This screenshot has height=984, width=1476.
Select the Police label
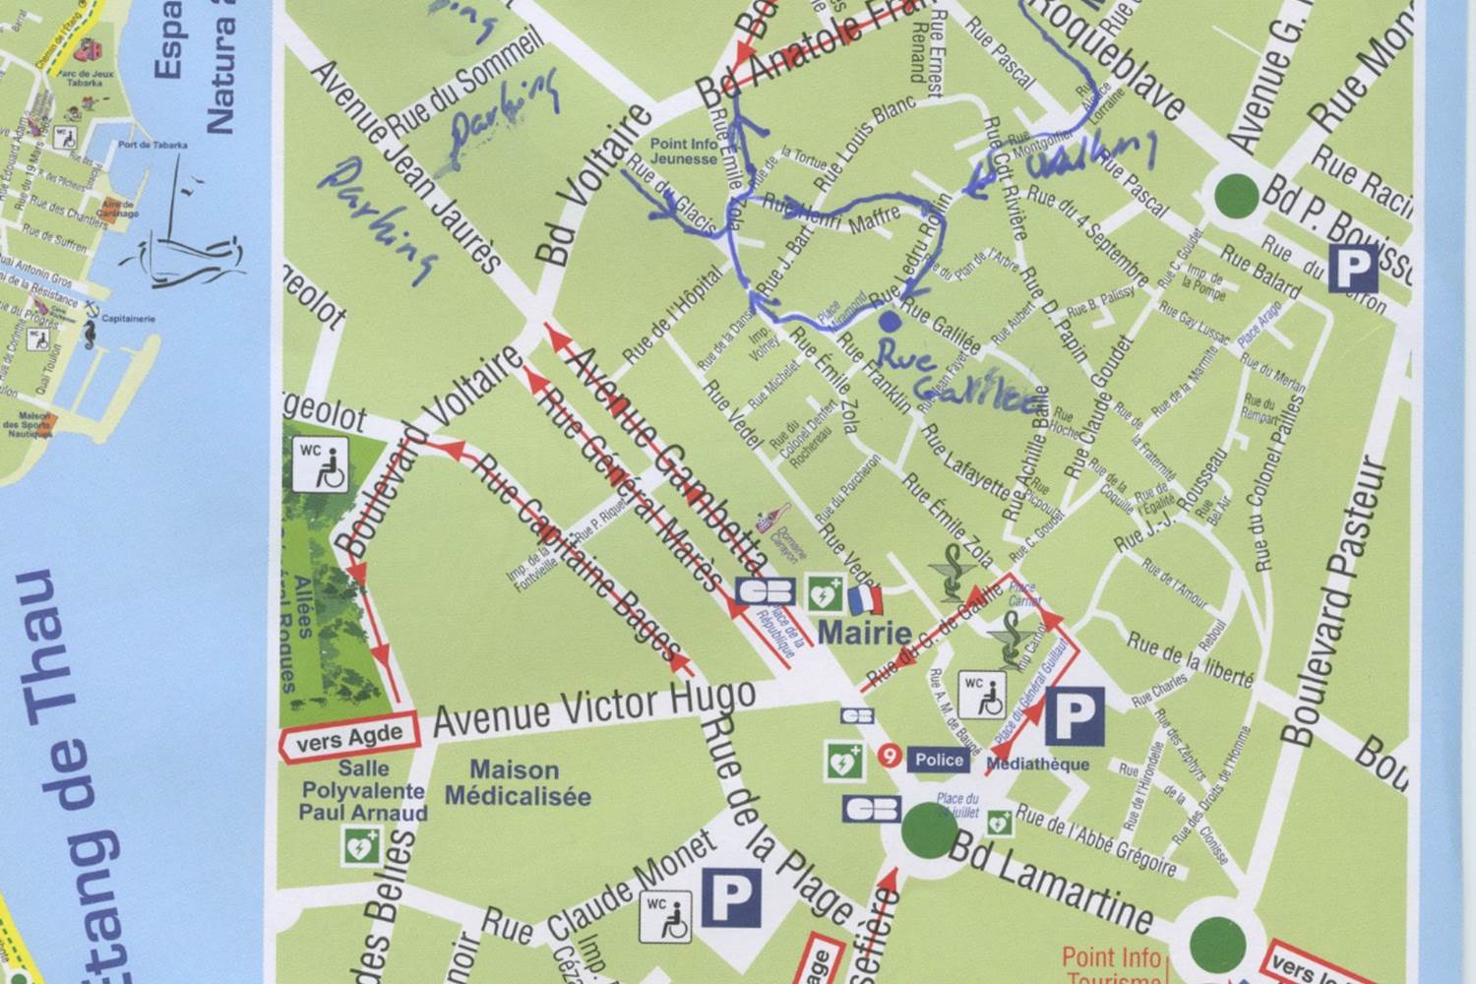click(x=939, y=759)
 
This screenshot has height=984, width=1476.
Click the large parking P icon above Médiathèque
click(x=1074, y=716)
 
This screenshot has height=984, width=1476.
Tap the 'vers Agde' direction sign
click(x=350, y=735)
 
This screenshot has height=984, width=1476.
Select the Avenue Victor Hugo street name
click(x=594, y=708)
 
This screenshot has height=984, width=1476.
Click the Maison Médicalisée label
click(x=517, y=783)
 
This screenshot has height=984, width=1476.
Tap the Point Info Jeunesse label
click(x=683, y=152)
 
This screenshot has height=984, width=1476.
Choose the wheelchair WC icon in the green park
click(x=320, y=464)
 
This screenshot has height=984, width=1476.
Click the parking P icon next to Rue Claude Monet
click(x=732, y=897)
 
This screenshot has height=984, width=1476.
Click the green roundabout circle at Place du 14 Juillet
click(x=928, y=829)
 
